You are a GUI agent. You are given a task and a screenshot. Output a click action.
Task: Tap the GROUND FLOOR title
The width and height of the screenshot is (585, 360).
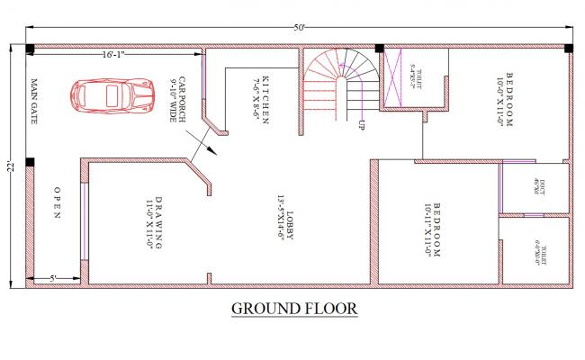(294, 309)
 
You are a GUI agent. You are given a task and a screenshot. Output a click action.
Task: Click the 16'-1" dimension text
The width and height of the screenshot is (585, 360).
(113, 55)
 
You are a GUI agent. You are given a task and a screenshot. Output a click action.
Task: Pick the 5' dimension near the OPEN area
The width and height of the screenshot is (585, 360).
(53, 278)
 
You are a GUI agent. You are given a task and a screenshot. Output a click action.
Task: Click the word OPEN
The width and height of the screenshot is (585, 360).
(56, 203)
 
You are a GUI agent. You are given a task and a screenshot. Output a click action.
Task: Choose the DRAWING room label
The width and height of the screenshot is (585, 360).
(155, 221)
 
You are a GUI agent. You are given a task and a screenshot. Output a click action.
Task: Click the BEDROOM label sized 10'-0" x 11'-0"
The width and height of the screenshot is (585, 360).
(508, 101)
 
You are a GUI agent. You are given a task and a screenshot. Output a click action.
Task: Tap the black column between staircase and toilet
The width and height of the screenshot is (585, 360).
(379, 49)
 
